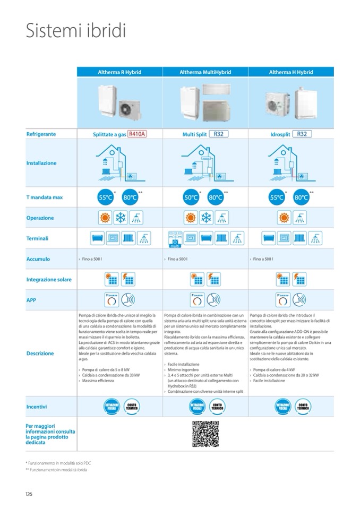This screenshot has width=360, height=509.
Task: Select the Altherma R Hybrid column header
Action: click(x=119, y=72)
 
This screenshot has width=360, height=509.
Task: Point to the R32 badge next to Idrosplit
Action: click(x=302, y=134)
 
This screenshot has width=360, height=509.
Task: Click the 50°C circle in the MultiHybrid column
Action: click(x=191, y=197)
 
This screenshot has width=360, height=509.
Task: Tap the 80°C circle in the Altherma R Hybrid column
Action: click(x=130, y=197)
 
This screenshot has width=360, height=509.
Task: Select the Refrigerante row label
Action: click(x=41, y=135)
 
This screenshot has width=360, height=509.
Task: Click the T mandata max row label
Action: click(x=45, y=197)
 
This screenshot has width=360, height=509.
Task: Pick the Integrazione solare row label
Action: click(x=49, y=279)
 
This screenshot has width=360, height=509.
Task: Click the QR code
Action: click(x=205, y=434)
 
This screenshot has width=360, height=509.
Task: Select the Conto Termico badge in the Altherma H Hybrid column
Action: click(x=304, y=407)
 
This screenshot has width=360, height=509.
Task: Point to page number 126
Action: click(x=29, y=494)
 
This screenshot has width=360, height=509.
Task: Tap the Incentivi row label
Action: click(x=37, y=407)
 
